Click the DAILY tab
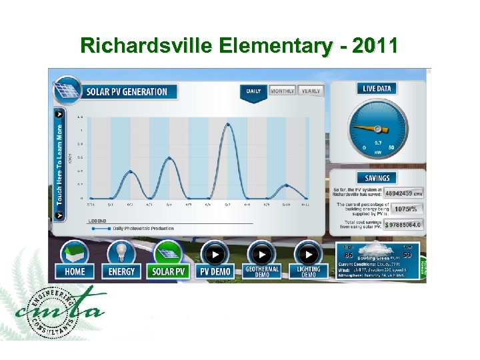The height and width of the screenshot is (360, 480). click(x=254, y=91)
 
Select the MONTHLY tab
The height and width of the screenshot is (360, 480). click(x=283, y=91)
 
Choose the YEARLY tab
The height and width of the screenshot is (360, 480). click(x=311, y=91)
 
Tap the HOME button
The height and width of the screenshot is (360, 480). click(x=75, y=259)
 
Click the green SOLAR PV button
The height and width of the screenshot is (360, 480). click(x=169, y=259)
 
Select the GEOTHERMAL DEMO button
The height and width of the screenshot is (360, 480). click(x=261, y=259)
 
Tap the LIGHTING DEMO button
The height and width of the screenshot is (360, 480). click(x=309, y=259)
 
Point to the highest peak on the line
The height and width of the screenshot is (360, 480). click(x=227, y=123)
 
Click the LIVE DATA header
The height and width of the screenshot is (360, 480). click(x=377, y=89)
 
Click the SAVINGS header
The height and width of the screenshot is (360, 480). click(x=377, y=178)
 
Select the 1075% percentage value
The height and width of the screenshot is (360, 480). click(x=406, y=209)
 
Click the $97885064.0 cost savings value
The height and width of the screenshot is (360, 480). click(x=403, y=225)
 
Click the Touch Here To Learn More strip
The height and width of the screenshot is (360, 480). click(x=59, y=164)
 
